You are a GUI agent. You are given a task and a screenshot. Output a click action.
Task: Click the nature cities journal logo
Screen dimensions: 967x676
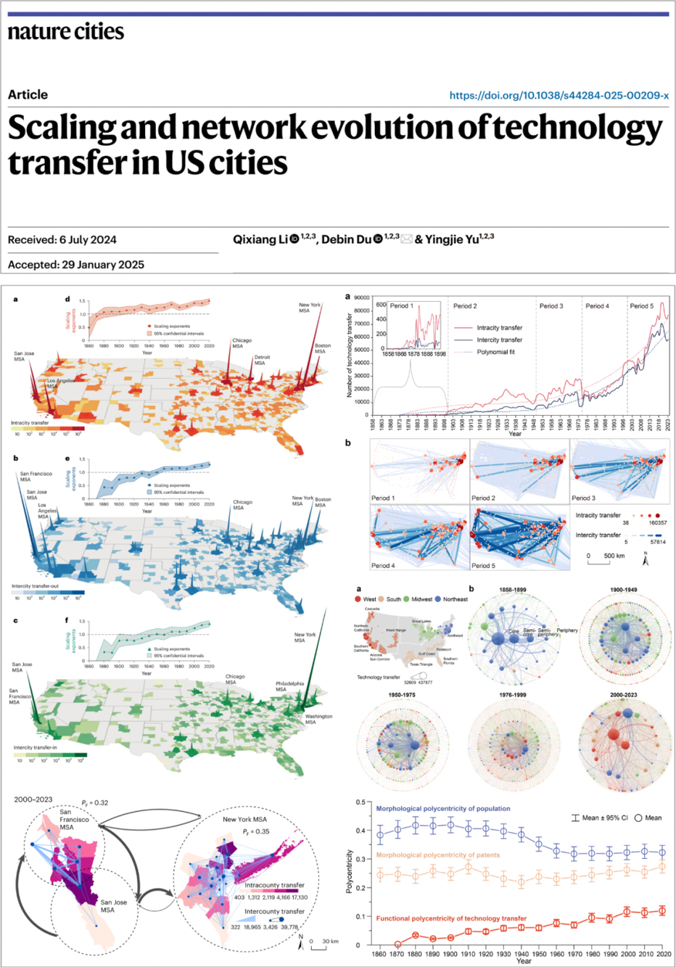[66, 32]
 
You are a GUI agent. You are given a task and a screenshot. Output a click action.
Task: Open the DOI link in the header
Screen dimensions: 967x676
[558, 95]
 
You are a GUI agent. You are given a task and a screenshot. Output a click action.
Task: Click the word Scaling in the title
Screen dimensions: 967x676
[62, 128]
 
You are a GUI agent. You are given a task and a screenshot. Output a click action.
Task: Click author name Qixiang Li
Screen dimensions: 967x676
[260, 239]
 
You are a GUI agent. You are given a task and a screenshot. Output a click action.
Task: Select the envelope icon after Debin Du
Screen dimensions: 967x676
[407, 239]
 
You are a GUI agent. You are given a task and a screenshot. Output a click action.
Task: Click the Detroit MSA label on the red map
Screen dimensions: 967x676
[262, 360]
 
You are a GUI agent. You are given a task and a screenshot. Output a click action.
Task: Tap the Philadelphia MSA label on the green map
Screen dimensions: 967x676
[289, 686]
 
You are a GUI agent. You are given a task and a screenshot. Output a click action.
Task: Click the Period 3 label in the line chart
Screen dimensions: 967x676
[551, 306]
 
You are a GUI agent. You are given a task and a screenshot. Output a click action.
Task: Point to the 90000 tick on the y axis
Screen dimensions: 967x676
[361, 298]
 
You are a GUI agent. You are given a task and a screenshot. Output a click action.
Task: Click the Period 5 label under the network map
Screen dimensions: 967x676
[484, 566]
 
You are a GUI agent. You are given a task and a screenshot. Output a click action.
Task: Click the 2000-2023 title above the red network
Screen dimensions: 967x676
[623, 695]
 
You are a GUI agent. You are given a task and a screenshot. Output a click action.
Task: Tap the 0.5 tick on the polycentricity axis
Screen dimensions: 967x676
[360, 802]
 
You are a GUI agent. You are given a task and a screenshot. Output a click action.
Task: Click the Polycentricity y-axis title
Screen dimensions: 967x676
[350, 871]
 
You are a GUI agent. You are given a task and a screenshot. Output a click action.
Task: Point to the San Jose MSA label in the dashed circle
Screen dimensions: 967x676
[114, 906]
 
